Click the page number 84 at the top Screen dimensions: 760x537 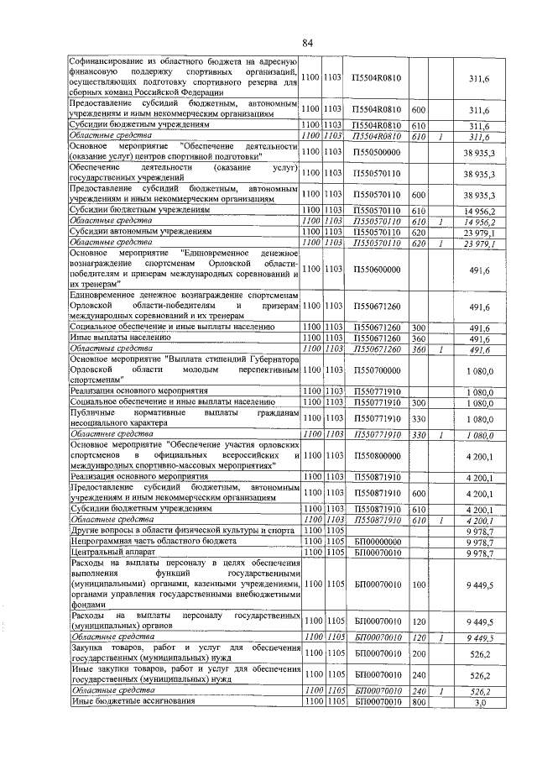307,43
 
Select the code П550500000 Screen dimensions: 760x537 377,152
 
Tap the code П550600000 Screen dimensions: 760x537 377,270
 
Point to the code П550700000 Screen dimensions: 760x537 377,370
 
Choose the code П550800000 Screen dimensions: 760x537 377,455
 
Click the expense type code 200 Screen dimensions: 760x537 420,652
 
